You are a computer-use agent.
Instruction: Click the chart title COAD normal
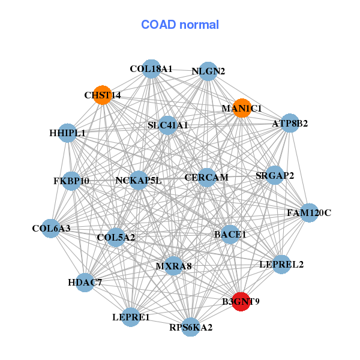coord(180,25)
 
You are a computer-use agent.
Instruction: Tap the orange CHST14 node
coord(103,95)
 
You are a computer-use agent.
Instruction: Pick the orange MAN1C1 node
coord(242,108)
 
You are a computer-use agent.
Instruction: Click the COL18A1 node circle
coord(152,69)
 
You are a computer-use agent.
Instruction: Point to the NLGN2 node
coord(208,71)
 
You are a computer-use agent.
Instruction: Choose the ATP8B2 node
coord(290,124)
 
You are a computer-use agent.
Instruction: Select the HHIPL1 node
coord(67,133)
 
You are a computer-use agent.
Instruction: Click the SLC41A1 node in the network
coord(168,125)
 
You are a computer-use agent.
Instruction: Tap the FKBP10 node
coord(71,181)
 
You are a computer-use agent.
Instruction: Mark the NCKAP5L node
coord(138,180)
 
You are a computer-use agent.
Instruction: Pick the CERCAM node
coord(206,177)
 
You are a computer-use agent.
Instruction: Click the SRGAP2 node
coord(274,176)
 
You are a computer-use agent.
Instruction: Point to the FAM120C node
coord(308,212)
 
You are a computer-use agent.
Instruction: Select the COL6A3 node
coord(51,228)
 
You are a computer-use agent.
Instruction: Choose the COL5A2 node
coord(116,237)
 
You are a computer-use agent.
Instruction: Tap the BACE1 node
coord(230,234)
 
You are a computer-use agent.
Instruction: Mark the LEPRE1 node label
coord(131,317)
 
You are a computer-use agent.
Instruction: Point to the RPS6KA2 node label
coord(191,328)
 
